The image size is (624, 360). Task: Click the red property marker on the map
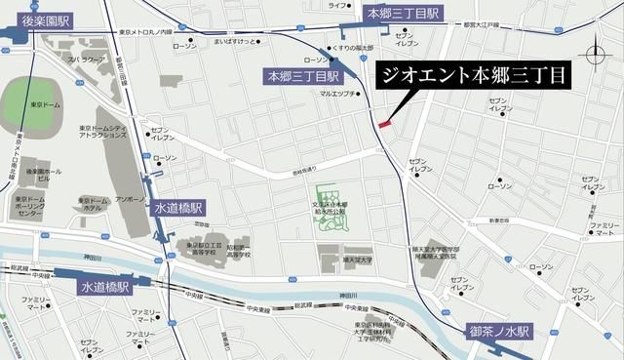pos(384,124)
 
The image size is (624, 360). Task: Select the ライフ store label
pos(336,5)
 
